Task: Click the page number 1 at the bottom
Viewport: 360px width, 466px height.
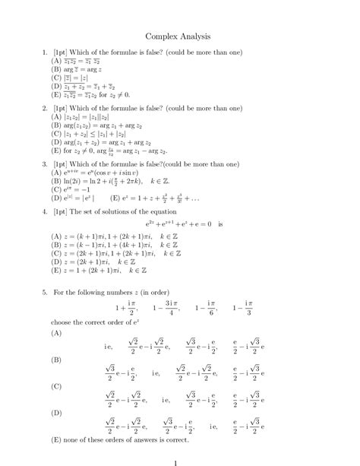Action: [x=175, y=460]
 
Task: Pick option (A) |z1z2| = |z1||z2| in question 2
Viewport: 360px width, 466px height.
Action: [x=86, y=118]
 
